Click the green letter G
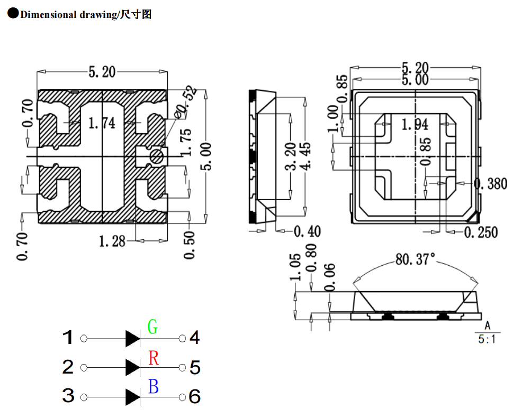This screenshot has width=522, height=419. click(152, 327)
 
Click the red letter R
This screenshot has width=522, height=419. click(154, 358)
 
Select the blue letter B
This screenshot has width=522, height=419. click(154, 387)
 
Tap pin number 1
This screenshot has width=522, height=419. click(68, 338)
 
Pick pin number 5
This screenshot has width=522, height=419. click(195, 367)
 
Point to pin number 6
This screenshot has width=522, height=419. click(195, 396)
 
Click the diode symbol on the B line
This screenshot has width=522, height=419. click(132, 397)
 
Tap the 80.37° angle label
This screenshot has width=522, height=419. click(415, 259)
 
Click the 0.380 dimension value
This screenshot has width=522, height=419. click(490, 184)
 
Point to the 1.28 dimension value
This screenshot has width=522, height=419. click(112, 241)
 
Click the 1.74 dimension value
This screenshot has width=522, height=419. click(102, 123)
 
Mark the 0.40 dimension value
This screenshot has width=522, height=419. click(307, 231)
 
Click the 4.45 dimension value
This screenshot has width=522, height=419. click(305, 153)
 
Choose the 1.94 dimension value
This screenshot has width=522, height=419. click(415, 125)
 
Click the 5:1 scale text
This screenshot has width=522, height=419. click(487, 339)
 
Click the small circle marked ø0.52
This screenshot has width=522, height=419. click(157, 156)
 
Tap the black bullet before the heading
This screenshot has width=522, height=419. click(13, 14)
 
